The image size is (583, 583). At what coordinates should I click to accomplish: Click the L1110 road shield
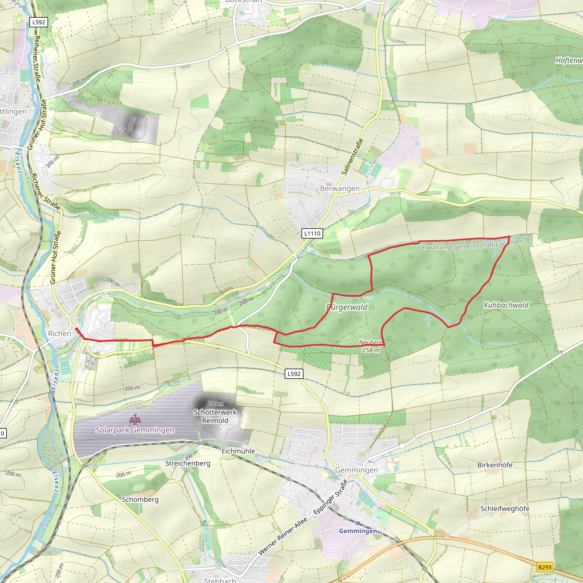point(312,233)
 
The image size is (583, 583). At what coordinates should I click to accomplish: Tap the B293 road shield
point(545,567)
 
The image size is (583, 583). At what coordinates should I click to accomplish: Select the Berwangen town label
point(340,189)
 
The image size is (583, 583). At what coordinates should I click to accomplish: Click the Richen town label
point(59,333)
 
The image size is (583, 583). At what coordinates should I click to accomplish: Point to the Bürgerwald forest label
point(347,307)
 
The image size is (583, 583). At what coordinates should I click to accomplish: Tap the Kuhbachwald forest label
point(506,305)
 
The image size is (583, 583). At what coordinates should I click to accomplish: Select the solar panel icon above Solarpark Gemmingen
point(135,419)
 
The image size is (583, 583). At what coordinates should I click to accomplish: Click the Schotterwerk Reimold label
point(215,416)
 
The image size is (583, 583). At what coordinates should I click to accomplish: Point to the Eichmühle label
point(238,451)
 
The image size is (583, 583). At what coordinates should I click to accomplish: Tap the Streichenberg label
point(188,463)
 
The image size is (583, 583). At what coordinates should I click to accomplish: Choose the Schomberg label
point(140,499)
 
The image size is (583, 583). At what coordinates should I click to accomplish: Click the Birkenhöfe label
point(494,465)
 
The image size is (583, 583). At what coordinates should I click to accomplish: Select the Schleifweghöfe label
point(504,509)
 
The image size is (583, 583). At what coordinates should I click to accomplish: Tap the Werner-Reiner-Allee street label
point(283,536)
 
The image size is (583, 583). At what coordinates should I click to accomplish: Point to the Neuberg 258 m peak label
point(371,346)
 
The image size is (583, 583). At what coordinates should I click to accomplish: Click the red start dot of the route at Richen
point(77,329)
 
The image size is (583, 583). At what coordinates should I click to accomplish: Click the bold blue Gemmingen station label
point(358,531)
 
